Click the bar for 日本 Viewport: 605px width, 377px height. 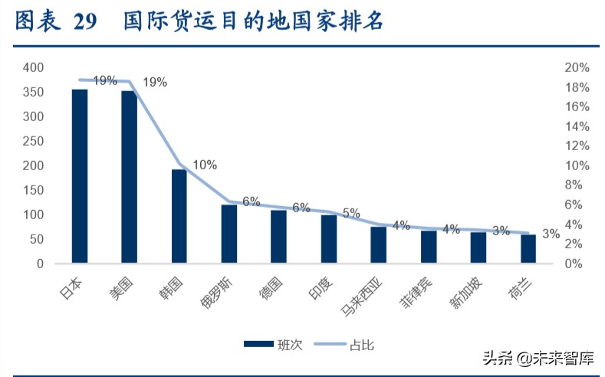tap(80, 176)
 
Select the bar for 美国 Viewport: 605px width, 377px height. tap(129, 177)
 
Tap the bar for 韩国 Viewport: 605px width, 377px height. tap(179, 216)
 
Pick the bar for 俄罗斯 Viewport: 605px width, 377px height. tap(229, 234)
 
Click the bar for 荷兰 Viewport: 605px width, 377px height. tap(528, 249)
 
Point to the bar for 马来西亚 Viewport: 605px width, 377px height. tap(378, 244)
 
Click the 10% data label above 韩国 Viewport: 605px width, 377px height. tap(205, 165)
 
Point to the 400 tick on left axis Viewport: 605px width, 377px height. tap(33, 67)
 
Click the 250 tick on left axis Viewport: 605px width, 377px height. tap(33, 141)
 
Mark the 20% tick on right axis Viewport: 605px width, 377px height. tap(576, 67)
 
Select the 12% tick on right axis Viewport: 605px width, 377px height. tap(576, 146)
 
